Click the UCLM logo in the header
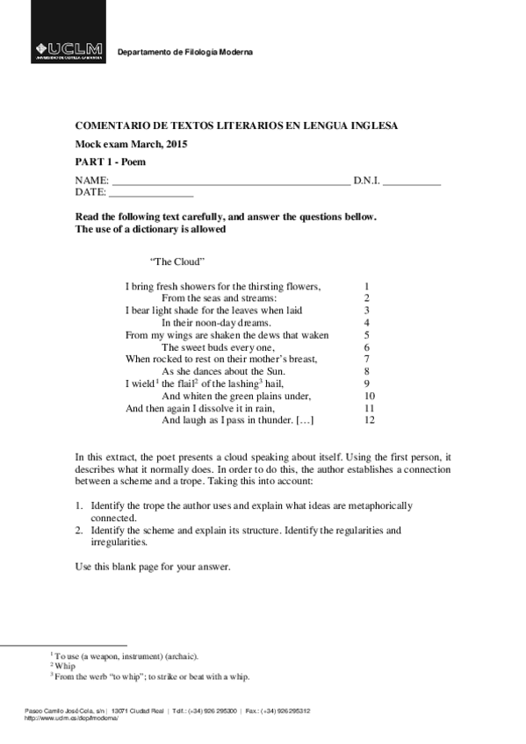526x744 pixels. coord(68,51)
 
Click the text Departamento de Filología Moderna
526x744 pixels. coord(185,53)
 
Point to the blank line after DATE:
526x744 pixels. coord(150,193)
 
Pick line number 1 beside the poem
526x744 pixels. coord(366,286)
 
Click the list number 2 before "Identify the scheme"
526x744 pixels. coord(78,530)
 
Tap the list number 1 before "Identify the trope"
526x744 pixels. coord(78,506)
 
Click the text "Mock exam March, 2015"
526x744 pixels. coord(131,145)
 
